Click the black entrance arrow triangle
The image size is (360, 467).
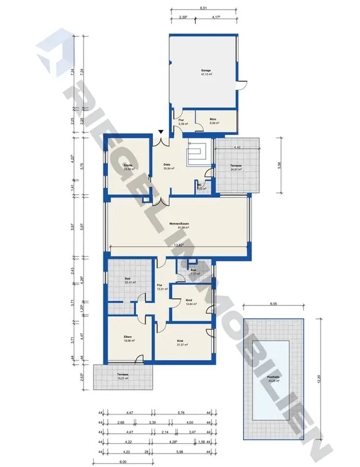click(162, 132)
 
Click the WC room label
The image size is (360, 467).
click(200, 186)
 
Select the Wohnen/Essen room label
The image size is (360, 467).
click(179, 226)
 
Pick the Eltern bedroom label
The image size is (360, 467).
click(128, 339)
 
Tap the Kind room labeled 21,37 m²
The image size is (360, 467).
click(180, 343)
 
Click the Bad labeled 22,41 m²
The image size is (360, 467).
click(128, 280)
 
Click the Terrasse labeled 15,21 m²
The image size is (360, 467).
click(123, 376)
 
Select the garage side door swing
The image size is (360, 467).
click(243, 86)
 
